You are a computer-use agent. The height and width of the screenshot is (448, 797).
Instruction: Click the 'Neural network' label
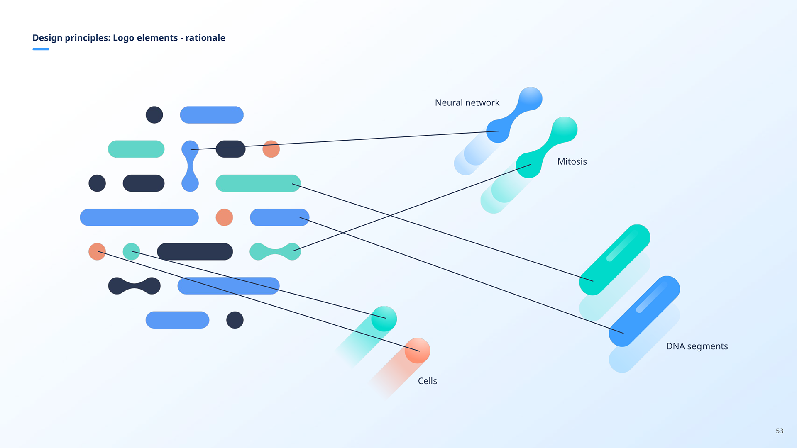[467, 102]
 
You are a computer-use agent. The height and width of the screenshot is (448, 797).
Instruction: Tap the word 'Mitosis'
[572, 161]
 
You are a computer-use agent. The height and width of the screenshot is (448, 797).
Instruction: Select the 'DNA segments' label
[697, 346]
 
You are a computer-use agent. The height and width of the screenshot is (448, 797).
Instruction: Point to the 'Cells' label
[427, 381]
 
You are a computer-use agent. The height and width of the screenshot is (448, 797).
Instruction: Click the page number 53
[780, 431]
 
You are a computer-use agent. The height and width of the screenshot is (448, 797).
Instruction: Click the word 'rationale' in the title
[205, 38]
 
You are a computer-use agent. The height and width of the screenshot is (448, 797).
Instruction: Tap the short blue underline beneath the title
[41, 49]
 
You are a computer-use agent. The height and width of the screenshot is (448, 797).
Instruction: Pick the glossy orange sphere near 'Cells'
[417, 351]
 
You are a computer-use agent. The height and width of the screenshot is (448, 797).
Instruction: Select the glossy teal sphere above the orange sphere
[384, 319]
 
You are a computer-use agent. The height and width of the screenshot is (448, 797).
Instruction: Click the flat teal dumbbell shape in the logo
[275, 251]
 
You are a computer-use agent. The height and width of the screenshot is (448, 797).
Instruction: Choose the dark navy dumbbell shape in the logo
[134, 286]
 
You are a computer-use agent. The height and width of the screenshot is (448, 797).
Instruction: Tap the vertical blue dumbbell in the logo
[190, 166]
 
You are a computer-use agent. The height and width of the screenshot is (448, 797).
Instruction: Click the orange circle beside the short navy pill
[271, 149]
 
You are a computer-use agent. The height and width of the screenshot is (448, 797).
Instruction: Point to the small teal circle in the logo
[131, 251]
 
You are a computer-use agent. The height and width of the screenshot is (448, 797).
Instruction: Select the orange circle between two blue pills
[224, 217]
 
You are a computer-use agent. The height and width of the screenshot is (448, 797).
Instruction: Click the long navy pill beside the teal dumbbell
[195, 251]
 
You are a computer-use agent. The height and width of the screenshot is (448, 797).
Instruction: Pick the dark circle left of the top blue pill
[154, 115]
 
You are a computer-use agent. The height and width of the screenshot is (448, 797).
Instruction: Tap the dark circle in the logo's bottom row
[235, 320]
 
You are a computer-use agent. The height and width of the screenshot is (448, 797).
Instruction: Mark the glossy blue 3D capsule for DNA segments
[644, 311]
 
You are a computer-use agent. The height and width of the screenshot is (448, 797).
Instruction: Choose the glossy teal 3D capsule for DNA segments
[615, 260]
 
